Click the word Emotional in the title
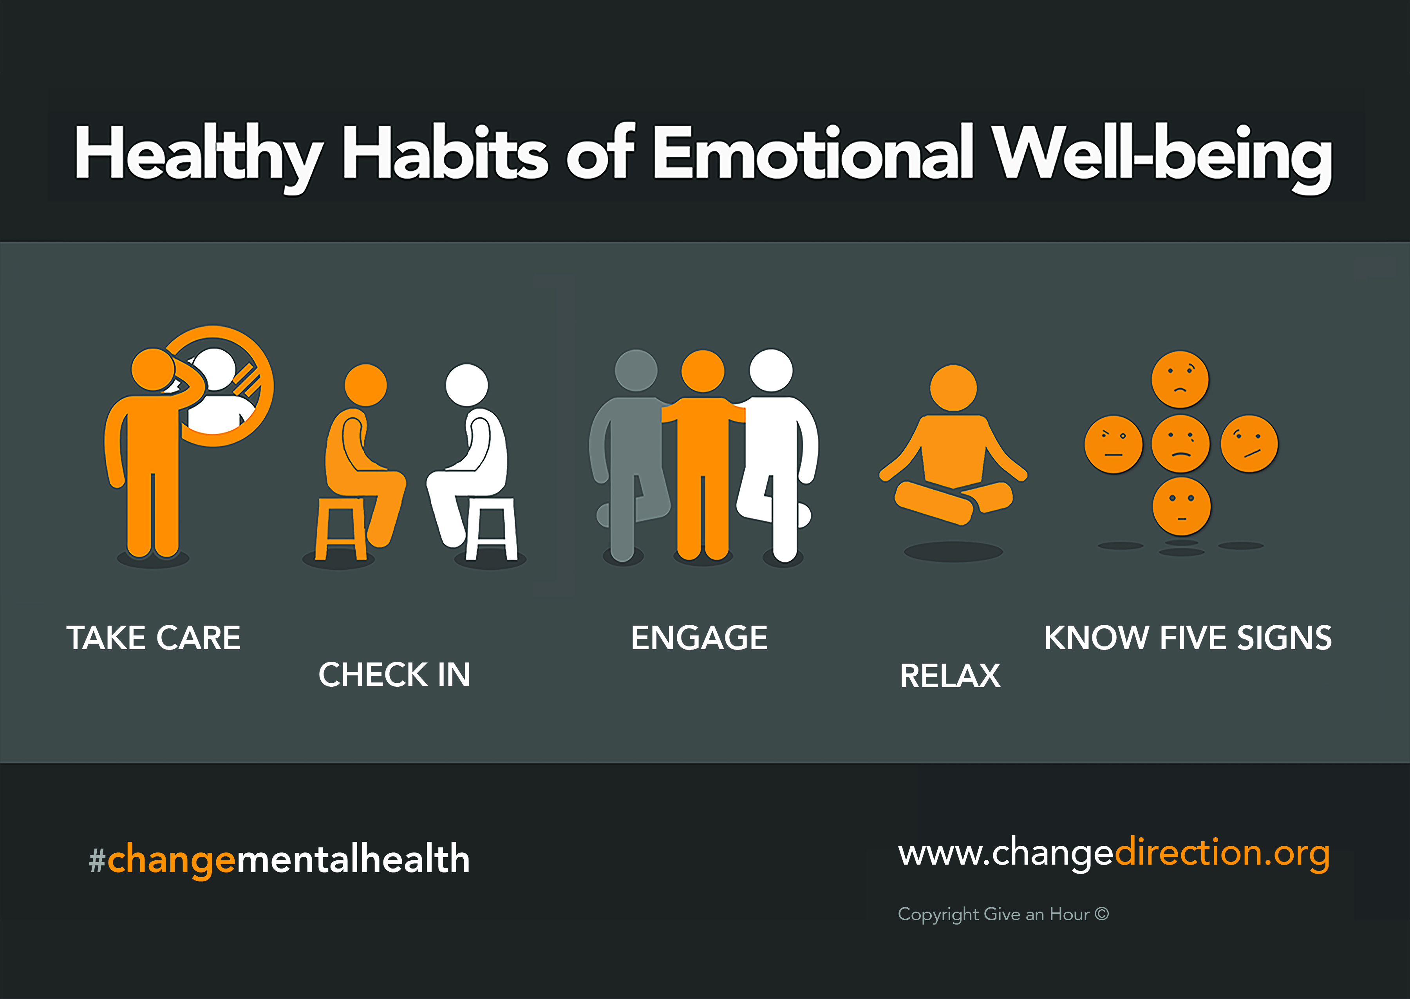(x=813, y=152)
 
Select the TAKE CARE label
(x=154, y=638)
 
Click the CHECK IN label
(x=394, y=675)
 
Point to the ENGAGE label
(x=699, y=638)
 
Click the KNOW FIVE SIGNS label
(x=1188, y=638)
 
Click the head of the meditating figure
(x=953, y=387)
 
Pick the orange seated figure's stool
(x=340, y=529)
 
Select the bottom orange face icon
(x=1181, y=506)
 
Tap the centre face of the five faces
(x=1180, y=443)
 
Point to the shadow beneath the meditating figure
(x=953, y=551)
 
